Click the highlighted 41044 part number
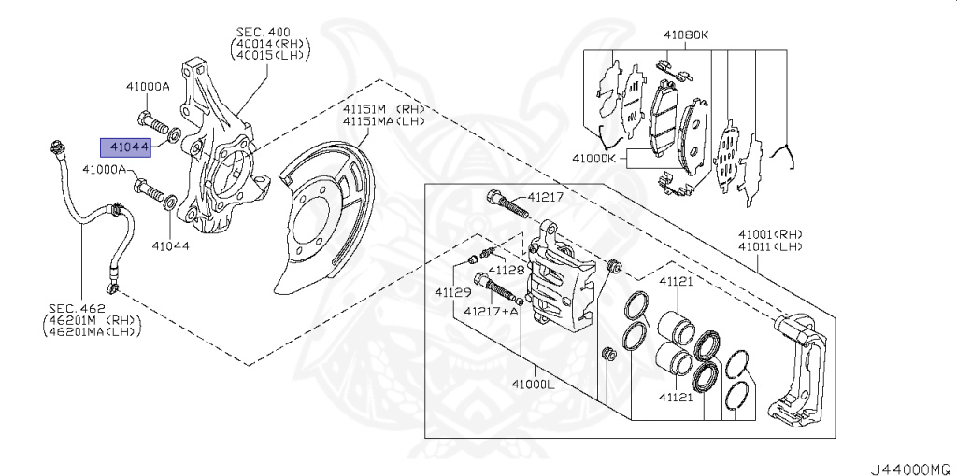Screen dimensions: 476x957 [128, 147]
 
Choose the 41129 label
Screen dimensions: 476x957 [452, 292]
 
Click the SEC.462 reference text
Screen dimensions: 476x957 [78, 308]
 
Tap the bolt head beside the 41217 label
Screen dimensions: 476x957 [495, 197]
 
